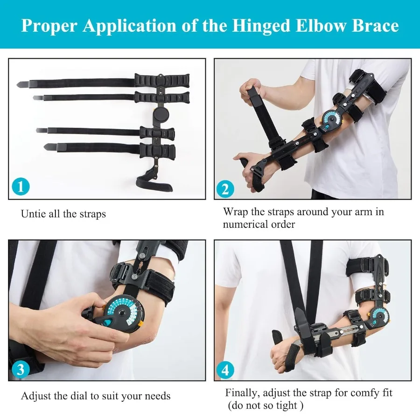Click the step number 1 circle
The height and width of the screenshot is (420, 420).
[x=20, y=187]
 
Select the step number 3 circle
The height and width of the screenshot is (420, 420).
[x=20, y=370]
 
